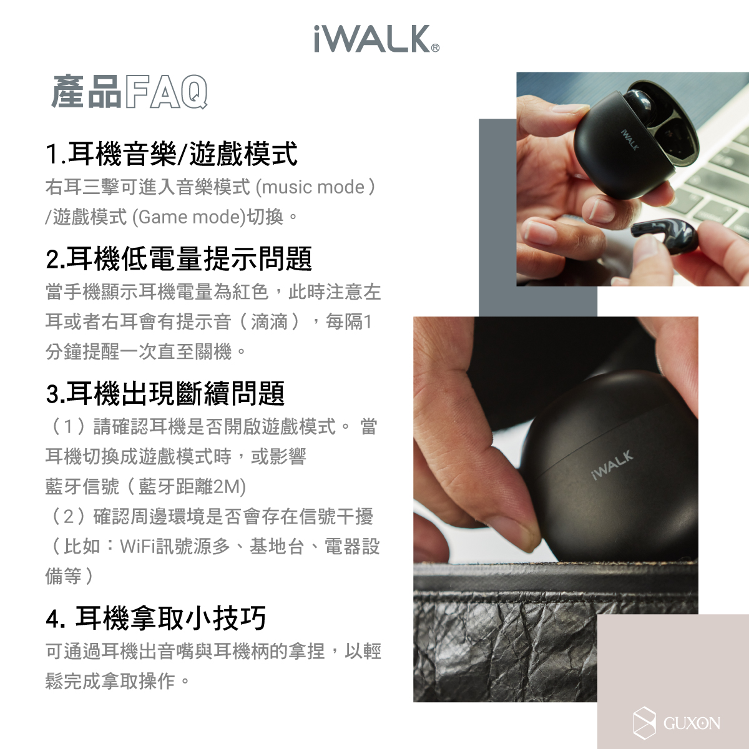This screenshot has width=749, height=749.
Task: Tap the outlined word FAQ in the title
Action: coord(166,92)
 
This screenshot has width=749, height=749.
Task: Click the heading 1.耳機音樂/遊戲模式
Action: coord(172,154)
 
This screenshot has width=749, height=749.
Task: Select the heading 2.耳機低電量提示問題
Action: coord(179,258)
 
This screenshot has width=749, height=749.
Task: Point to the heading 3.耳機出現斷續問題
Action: coord(165,393)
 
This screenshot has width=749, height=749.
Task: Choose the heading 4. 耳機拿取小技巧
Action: coord(156,618)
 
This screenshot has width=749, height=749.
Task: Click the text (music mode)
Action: coord(315,187)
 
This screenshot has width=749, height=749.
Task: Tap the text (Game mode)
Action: coord(189,217)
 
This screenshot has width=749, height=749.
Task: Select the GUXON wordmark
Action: coord(692,723)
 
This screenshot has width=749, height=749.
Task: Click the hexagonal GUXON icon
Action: coord(644,723)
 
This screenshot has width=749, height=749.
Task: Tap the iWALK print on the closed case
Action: coord(612,465)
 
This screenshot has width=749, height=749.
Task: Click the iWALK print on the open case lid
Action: coord(630,140)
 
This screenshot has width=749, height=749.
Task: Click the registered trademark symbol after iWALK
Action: coord(436,48)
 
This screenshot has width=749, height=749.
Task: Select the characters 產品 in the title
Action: coord(86,92)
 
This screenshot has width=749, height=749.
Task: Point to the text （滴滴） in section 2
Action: coord(270,322)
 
